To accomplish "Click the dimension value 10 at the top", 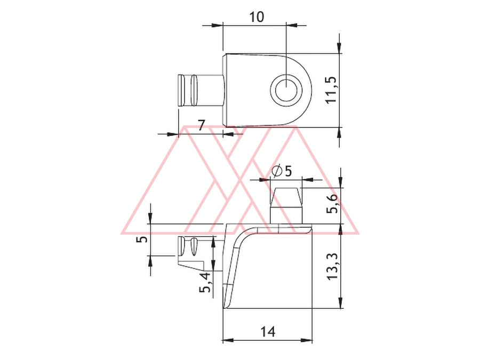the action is (x=257, y=17).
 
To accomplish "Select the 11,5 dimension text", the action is (x=332, y=90).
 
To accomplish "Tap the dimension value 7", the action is (x=201, y=125).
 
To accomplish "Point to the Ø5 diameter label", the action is (x=282, y=171).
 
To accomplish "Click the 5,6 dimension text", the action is (x=333, y=203).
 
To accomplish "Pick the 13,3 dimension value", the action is (x=332, y=266).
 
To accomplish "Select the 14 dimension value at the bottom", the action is (x=268, y=332).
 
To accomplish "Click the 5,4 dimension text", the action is (x=205, y=282).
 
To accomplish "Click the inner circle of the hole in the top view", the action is (x=286, y=90).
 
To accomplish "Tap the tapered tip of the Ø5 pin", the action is (x=286, y=196).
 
